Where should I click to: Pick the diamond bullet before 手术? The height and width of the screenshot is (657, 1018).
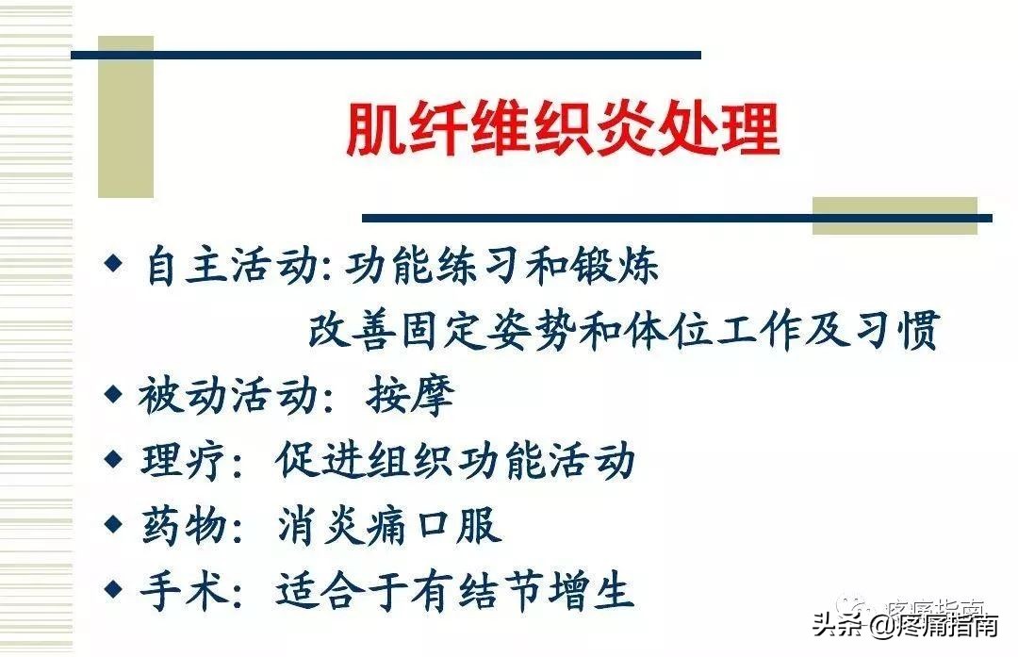[113, 589]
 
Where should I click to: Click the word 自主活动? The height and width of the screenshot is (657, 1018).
[230, 267]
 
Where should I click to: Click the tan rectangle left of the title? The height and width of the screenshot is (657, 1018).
[125, 117]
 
